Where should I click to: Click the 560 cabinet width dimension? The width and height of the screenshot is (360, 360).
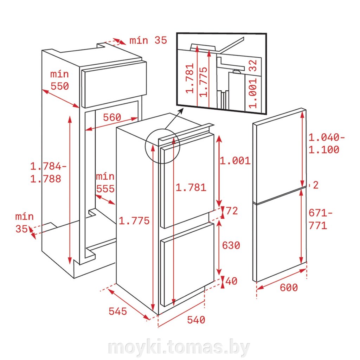pyautogui.click(x=112, y=117)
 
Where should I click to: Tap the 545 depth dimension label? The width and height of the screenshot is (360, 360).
pyautogui.click(x=118, y=311)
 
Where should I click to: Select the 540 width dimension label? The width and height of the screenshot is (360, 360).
pyautogui.click(x=196, y=320)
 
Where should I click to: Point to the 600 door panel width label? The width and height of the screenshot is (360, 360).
pyautogui.click(x=289, y=288)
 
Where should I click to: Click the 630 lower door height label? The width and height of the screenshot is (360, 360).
pyautogui.click(x=231, y=245)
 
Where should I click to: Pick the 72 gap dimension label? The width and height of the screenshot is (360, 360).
pyautogui.click(x=232, y=211)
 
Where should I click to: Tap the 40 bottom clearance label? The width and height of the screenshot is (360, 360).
pyautogui.click(x=231, y=281)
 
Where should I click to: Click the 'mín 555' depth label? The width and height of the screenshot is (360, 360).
pyautogui.click(x=105, y=183)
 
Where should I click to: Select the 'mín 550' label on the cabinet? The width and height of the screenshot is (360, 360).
pyautogui.click(x=59, y=80)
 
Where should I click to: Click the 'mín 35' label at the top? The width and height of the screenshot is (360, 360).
pyautogui.click(x=148, y=40)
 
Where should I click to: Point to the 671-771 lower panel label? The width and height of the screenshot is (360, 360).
pyautogui.click(x=320, y=219)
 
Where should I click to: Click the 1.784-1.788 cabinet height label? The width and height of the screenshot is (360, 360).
pyautogui.click(x=48, y=172)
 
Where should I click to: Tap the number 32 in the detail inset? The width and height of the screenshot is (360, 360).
pyautogui.click(x=252, y=65)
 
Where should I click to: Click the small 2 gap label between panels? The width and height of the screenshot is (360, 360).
pyautogui.click(x=316, y=185)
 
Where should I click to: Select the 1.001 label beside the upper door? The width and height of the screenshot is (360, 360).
pyautogui.click(x=235, y=161)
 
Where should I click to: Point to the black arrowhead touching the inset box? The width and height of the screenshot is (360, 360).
pyautogui.click(x=181, y=111)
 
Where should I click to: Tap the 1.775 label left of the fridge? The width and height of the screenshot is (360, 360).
pyautogui.click(x=134, y=221)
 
